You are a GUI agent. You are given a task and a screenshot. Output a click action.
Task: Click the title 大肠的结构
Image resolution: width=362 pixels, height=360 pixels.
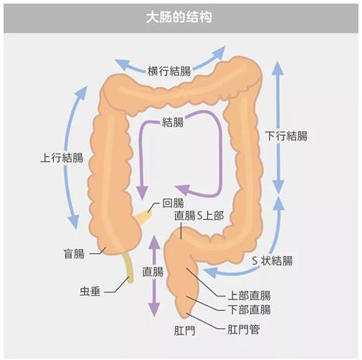[x=179, y=17]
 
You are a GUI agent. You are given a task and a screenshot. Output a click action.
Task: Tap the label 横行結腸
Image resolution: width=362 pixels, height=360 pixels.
[x=169, y=71]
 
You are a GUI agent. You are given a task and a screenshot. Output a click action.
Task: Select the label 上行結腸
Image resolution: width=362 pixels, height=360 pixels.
[x=62, y=157]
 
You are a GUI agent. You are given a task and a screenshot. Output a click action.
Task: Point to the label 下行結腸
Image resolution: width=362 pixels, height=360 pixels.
[x=286, y=136]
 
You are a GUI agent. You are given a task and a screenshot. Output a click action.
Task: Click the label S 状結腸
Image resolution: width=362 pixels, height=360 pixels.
[x=272, y=261]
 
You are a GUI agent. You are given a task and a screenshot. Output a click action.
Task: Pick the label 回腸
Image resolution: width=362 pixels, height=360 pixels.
[x=173, y=203]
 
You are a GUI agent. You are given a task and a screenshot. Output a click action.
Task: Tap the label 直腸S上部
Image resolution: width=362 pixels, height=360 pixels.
[x=199, y=216]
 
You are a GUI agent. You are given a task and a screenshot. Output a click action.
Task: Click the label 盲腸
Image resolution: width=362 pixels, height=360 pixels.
[x=74, y=254]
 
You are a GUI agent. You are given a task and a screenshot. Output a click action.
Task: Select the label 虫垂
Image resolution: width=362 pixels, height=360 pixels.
[x=90, y=292]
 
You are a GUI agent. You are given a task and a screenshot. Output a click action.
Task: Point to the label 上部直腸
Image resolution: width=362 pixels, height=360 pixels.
[x=249, y=296]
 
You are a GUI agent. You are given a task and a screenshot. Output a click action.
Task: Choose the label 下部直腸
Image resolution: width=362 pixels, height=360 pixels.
[x=249, y=310]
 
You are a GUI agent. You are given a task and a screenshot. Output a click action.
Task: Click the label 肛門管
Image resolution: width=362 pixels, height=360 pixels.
[x=243, y=330]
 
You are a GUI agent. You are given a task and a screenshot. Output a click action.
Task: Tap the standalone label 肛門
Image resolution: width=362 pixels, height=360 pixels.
[x=184, y=331]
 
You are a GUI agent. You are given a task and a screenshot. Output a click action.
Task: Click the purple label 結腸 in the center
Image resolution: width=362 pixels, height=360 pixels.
[x=173, y=122]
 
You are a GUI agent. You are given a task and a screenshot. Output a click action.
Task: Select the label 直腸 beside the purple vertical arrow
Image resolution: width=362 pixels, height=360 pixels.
[x=153, y=272]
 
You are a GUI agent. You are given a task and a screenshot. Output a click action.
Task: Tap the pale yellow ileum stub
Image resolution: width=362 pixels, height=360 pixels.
[x=143, y=216]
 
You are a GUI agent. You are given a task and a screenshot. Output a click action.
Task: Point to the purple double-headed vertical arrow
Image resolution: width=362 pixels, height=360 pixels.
[x=154, y=275]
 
